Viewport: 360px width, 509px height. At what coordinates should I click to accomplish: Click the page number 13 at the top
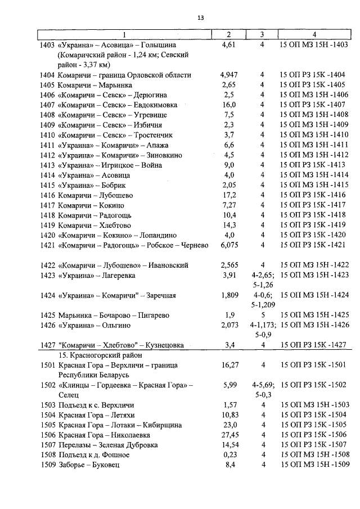[x=200, y=18]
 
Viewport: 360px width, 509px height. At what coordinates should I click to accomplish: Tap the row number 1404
[x=48, y=75]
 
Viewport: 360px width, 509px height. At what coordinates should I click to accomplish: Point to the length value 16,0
[x=228, y=105]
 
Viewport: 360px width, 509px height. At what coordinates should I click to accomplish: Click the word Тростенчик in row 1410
[x=153, y=135]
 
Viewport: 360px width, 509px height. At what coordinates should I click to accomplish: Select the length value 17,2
[x=228, y=195]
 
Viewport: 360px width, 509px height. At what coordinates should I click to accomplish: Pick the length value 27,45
[x=228, y=435]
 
